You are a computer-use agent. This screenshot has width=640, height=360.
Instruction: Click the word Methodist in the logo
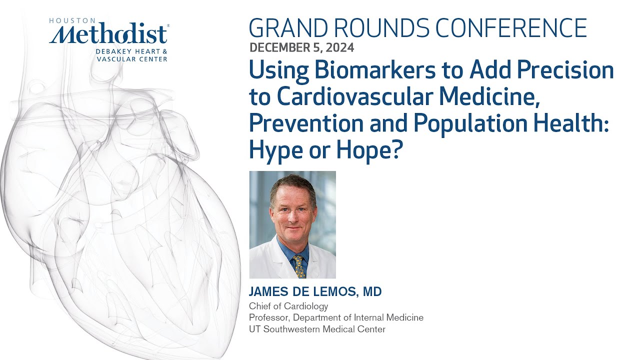pos(109,35)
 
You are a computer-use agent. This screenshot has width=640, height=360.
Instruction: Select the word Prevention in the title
pos(305,123)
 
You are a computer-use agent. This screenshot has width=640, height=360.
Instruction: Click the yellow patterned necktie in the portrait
pos(299,266)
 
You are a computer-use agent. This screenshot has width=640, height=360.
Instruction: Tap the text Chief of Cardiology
pos(288,306)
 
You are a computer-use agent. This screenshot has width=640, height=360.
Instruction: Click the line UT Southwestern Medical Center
pos(317,329)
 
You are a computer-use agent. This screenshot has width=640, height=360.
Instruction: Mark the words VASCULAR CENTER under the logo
pos(132,59)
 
